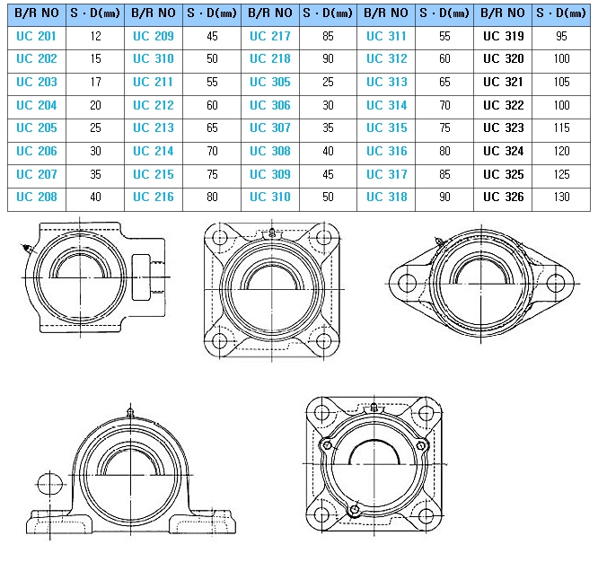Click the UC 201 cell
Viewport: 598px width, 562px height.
tap(36, 36)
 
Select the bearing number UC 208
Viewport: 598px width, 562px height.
tap(36, 198)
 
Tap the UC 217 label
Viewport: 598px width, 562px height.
tap(270, 36)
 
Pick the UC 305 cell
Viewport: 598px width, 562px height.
tap(270, 82)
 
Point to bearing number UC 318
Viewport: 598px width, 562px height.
tap(387, 198)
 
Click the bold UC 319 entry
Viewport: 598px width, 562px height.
tap(504, 36)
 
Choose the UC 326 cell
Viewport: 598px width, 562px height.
tap(504, 198)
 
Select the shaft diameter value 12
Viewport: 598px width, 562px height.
tap(96, 36)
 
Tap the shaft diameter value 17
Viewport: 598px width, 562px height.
tap(96, 82)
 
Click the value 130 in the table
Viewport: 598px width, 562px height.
tap(562, 198)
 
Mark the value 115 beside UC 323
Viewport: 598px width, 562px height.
tap(562, 127)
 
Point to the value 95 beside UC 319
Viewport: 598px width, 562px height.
tap(561, 36)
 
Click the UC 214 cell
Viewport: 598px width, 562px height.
tap(154, 151)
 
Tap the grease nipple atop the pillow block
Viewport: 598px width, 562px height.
tap(130, 413)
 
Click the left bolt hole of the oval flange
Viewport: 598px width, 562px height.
tap(407, 284)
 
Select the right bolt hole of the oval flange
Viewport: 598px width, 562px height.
tap(555, 284)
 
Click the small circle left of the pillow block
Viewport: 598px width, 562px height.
tap(50, 484)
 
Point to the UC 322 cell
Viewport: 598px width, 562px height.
tap(504, 105)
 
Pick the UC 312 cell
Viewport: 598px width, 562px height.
tap(387, 58)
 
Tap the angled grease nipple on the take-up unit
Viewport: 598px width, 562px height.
tap(28, 249)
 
